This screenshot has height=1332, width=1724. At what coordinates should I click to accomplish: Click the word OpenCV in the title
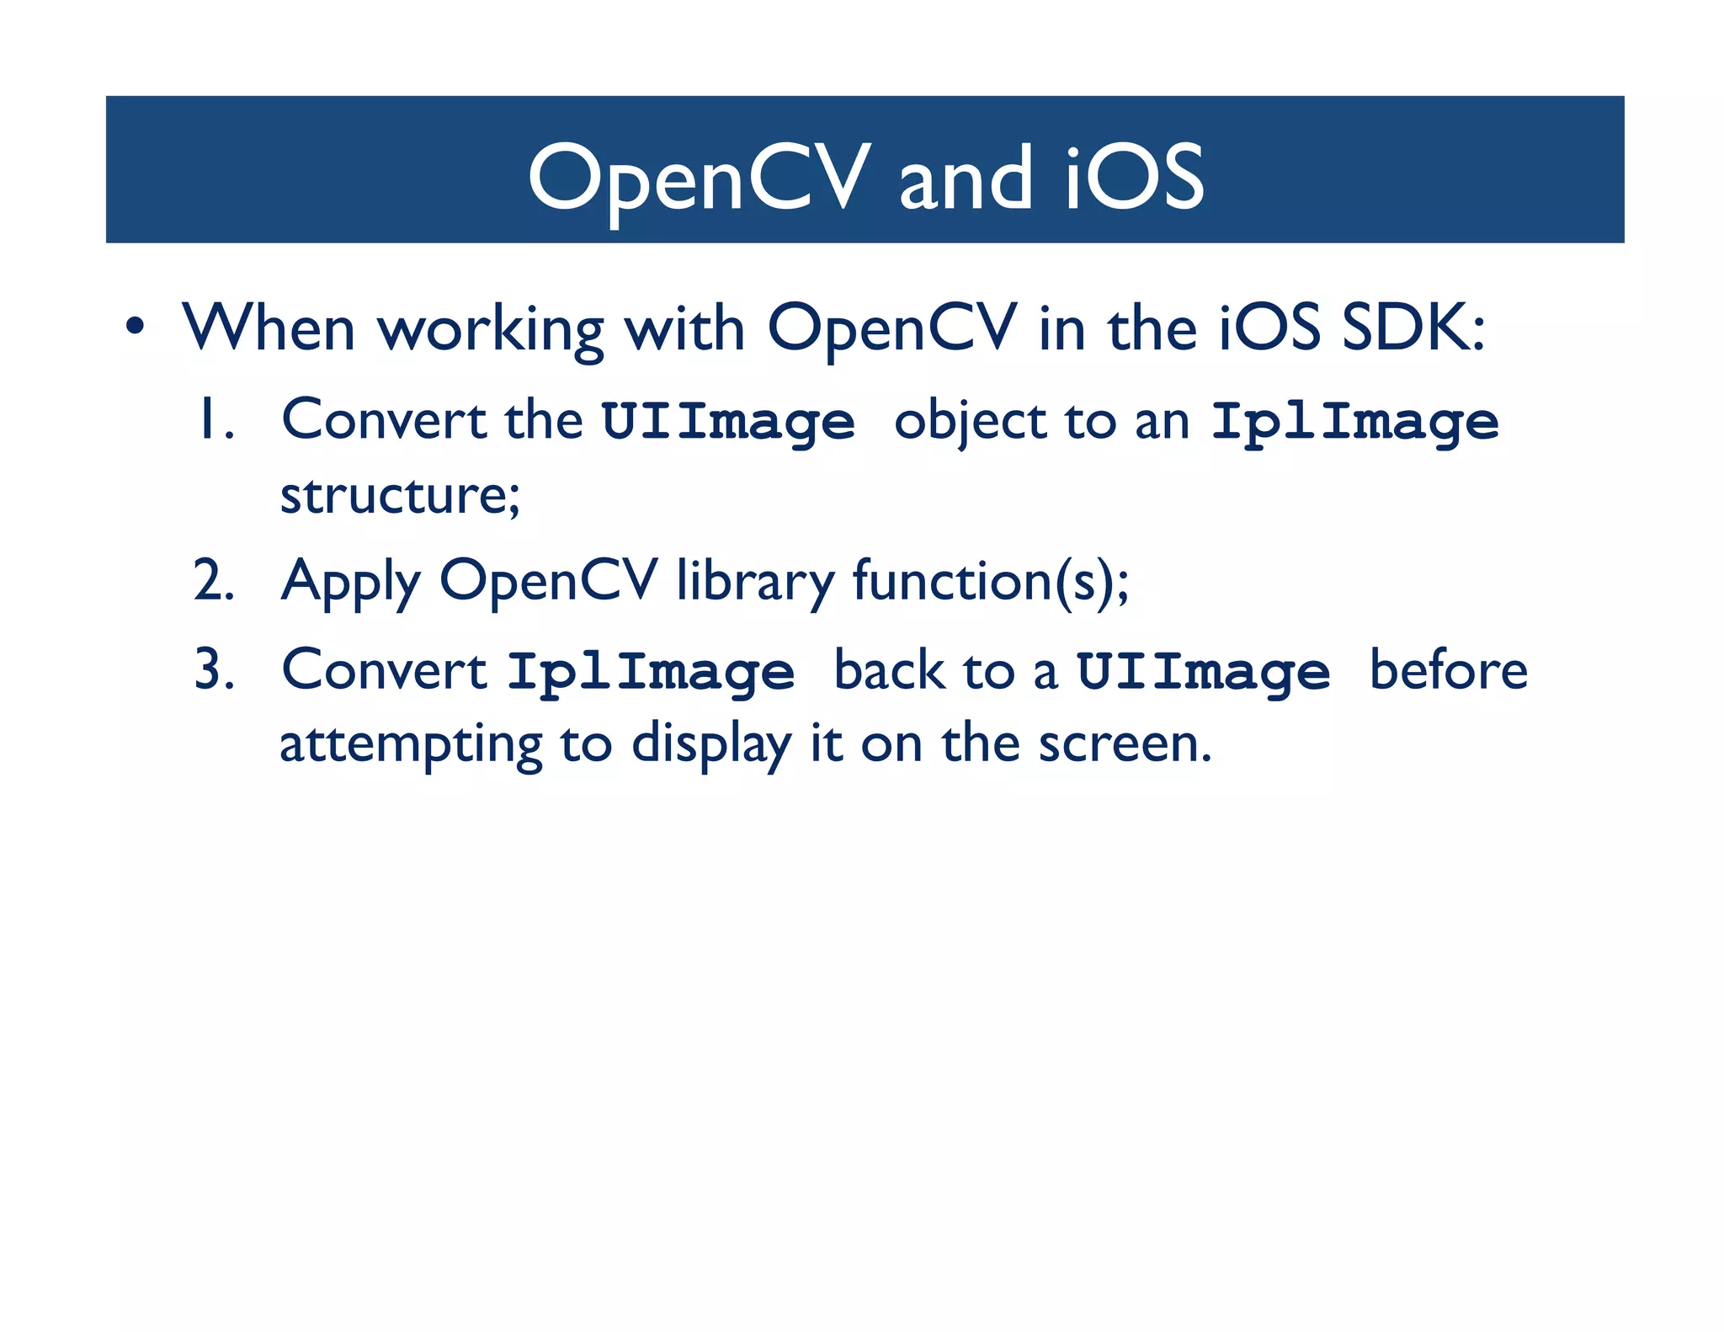pos(698,178)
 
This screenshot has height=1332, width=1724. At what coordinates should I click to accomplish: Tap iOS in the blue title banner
pos(1135,178)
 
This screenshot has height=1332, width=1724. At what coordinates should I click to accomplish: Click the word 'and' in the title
pos(966,178)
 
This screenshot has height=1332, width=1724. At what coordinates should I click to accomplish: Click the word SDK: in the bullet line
pos(1414,328)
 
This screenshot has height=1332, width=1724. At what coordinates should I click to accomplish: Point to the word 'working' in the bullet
pos(491,330)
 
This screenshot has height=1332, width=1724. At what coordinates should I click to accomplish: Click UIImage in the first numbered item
pos(728,421)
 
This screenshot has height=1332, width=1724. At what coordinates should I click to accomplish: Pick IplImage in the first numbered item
pos(1354,421)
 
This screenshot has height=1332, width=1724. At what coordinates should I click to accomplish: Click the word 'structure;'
pos(400,494)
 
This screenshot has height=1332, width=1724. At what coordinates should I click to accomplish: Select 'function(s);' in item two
pos(991,581)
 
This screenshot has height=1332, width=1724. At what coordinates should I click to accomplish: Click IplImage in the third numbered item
pos(651,672)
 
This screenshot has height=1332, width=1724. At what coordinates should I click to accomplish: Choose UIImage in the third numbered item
pos(1204,672)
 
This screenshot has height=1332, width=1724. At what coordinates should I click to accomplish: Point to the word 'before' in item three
pos(1448,670)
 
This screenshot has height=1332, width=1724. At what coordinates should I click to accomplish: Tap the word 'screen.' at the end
pos(1125,743)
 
